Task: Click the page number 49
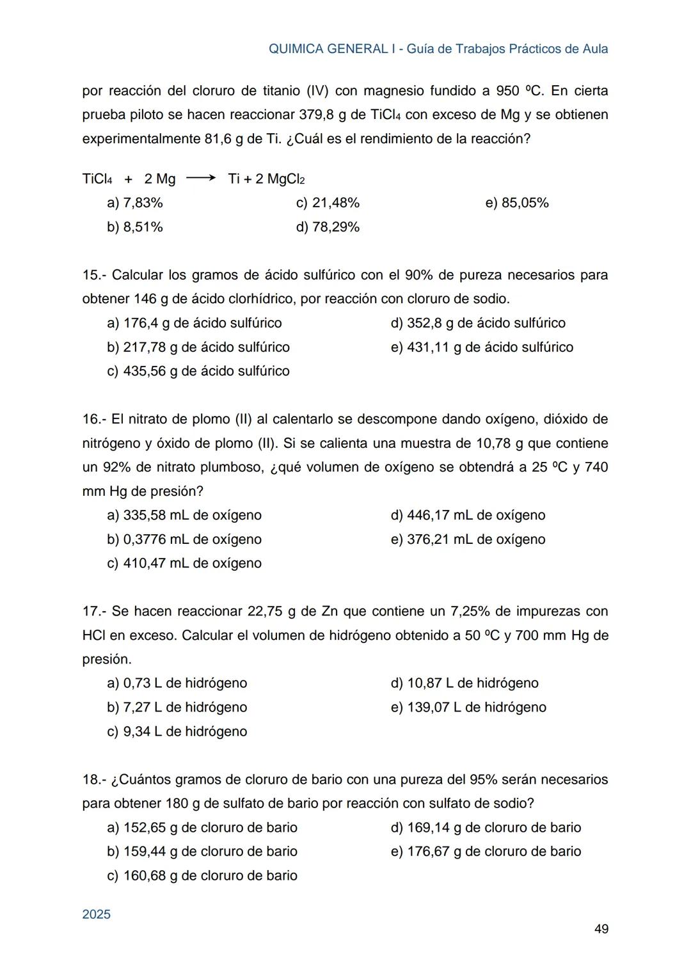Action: pyautogui.click(x=601, y=928)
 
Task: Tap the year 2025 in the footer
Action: pyautogui.click(x=97, y=914)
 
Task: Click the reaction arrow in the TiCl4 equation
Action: pyautogui.click(x=201, y=179)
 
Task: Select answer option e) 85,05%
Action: pyautogui.click(x=517, y=203)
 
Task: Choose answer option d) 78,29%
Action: pyautogui.click(x=328, y=227)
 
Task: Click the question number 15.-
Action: pyautogui.click(x=94, y=275)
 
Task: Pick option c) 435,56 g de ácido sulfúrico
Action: pyautogui.click(x=198, y=371)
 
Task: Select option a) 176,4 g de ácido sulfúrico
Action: pyautogui.click(x=195, y=323)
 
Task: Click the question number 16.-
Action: pyautogui.click(x=94, y=419)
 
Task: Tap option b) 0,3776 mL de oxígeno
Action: pyautogui.click(x=184, y=539)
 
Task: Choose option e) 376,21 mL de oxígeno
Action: pyautogui.click(x=468, y=539)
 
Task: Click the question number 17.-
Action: pyautogui.click(x=94, y=611)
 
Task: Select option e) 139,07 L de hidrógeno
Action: pyautogui.click(x=468, y=707)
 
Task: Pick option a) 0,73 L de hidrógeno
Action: pyautogui.click(x=177, y=683)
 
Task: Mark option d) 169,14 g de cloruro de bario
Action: pyautogui.click(x=486, y=827)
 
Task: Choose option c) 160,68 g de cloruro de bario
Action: pyautogui.click(x=202, y=875)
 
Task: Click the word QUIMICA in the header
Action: pyautogui.click(x=296, y=49)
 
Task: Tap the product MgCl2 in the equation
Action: pyautogui.click(x=285, y=179)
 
